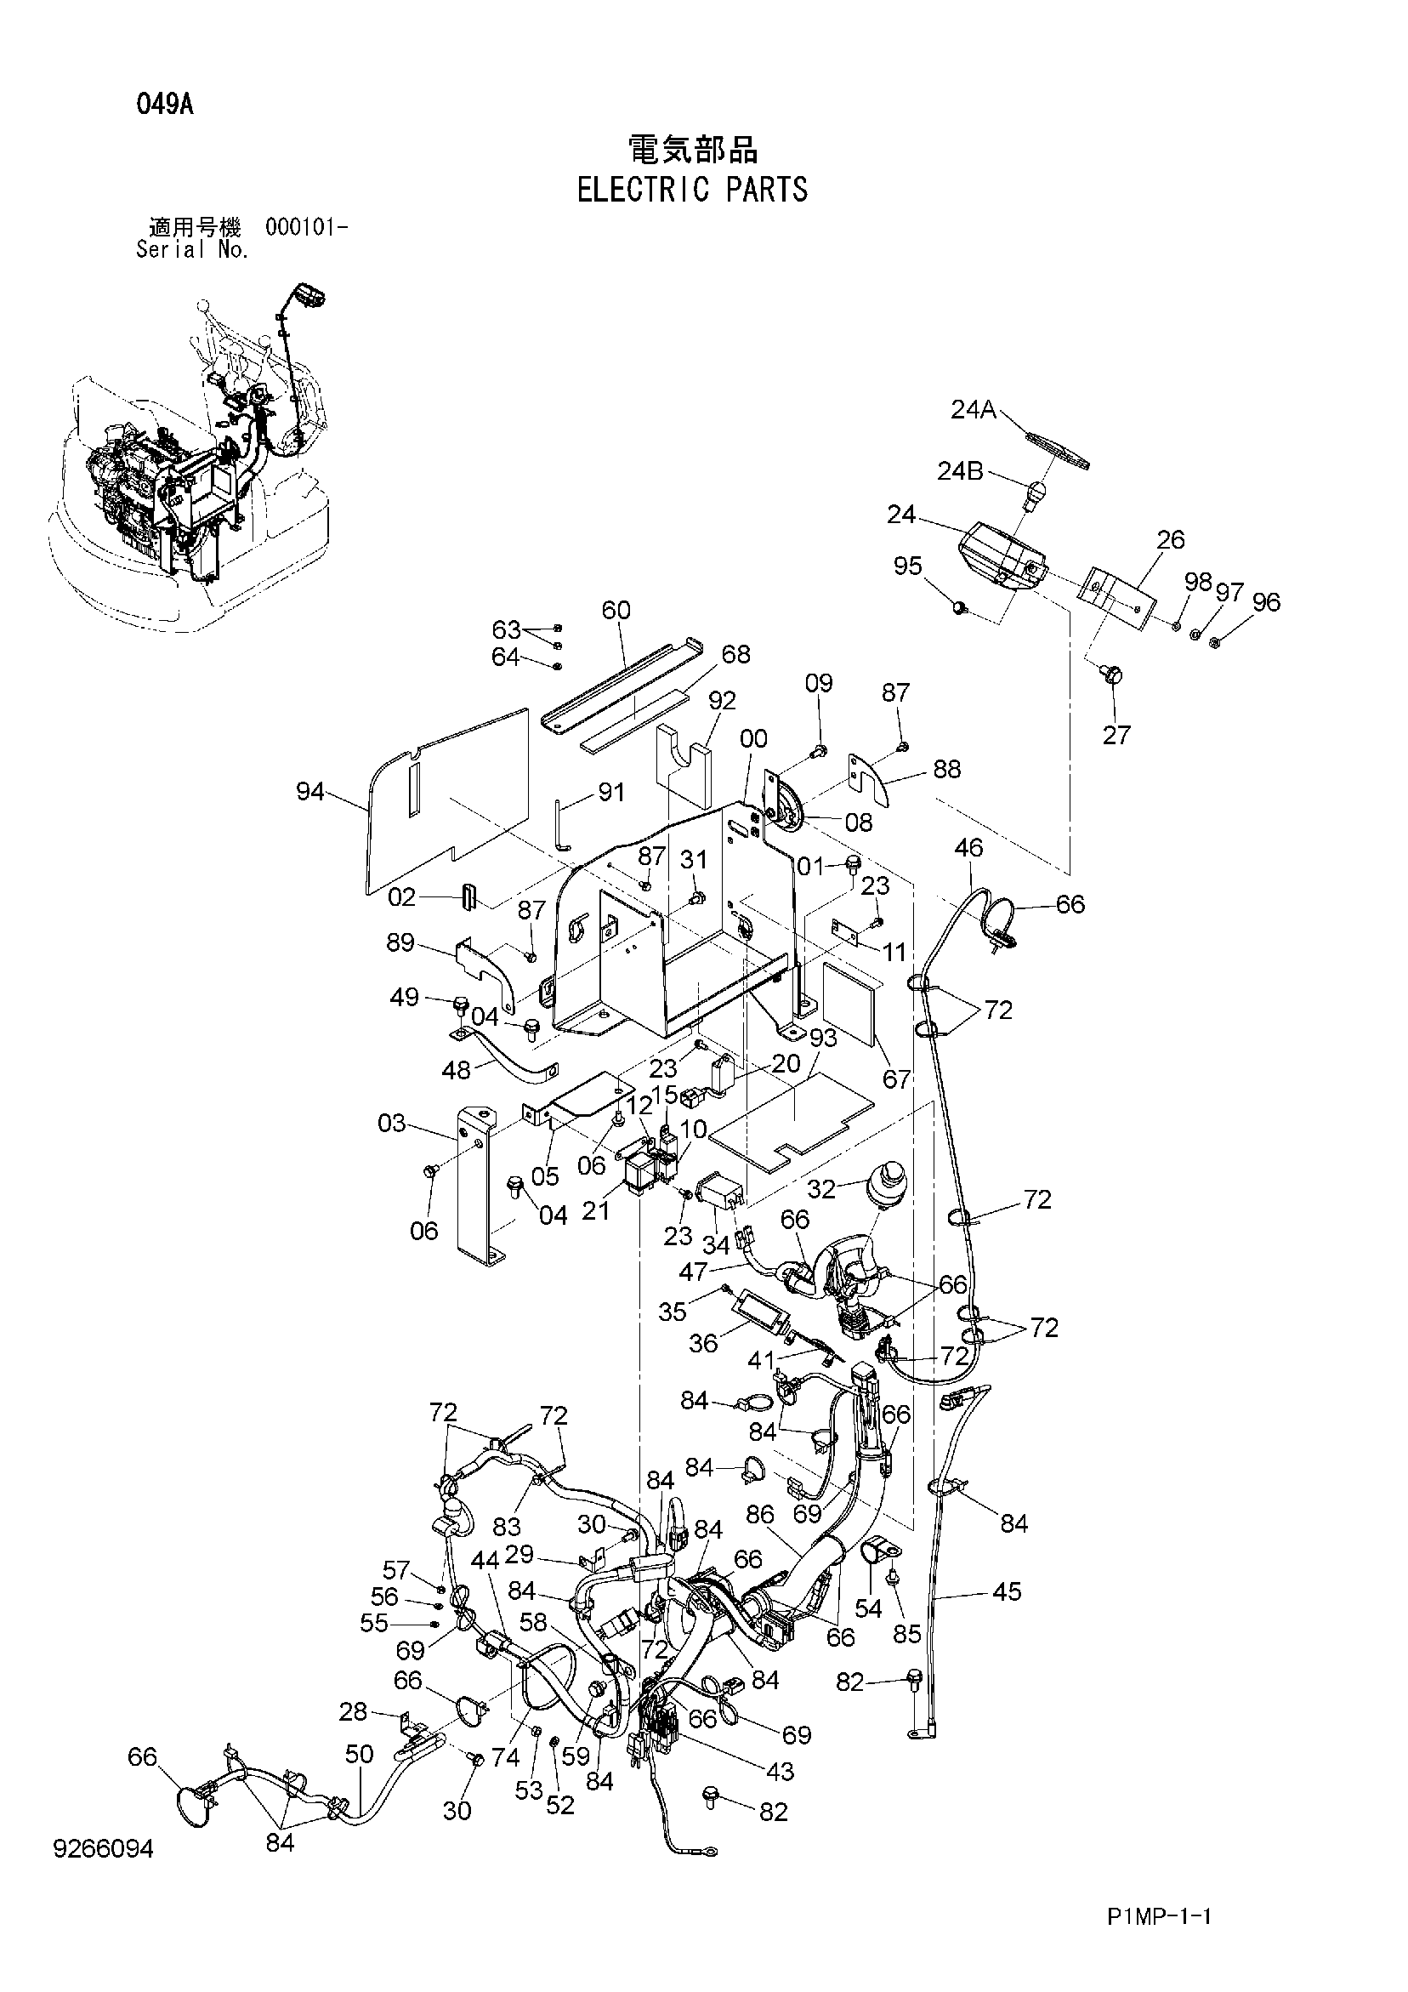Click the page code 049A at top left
pyautogui.click(x=164, y=105)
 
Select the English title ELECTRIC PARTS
pyautogui.click(x=692, y=189)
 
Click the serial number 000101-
pyautogui.click(x=307, y=227)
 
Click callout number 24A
pyautogui.click(x=974, y=408)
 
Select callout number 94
pyautogui.click(x=310, y=791)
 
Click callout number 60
pyautogui.click(x=616, y=610)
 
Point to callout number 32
pyautogui.click(x=821, y=1188)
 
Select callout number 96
pyautogui.click(x=1267, y=601)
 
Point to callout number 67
pyautogui.click(x=897, y=1079)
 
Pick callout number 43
pyautogui.click(x=780, y=1771)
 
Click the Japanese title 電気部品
pyautogui.click(x=692, y=149)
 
